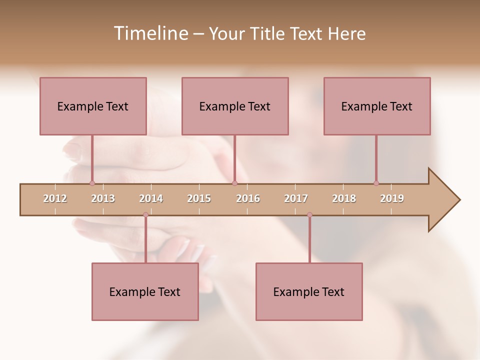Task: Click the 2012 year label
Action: coord(55,198)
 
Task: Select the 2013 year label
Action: coord(103,198)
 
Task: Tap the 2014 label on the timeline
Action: coord(151,198)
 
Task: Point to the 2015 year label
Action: coord(199,198)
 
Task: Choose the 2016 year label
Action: coord(248,198)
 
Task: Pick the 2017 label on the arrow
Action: coord(296,198)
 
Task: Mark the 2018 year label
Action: coord(344,198)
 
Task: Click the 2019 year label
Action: coord(392,198)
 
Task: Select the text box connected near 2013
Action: coord(93,106)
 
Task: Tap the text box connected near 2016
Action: coord(235,106)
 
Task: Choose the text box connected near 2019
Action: coord(377,106)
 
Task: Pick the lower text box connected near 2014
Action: coord(145,291)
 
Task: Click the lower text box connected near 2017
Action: coord(309,291)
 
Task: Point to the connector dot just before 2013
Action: coord(92,183)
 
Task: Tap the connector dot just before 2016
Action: coord(234,183)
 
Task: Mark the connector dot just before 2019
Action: coord(376,183)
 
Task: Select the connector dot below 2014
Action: coord(145,215)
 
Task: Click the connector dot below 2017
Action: coord(309,215)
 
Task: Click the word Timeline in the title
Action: coord(149,33)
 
